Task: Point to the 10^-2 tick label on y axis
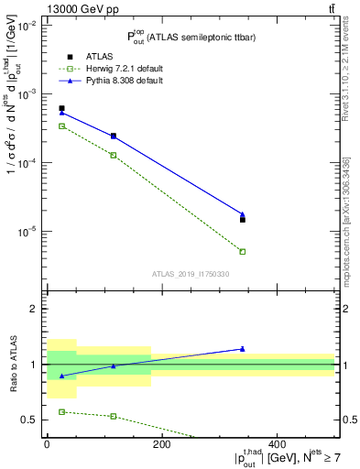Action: (x=27, y=26)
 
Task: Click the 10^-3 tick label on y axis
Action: (x=27, y=94)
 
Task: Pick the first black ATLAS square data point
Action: (x=61, y=108)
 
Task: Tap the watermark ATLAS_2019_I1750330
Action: (x=191, y=273)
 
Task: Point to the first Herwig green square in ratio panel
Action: (x=61, y=412)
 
